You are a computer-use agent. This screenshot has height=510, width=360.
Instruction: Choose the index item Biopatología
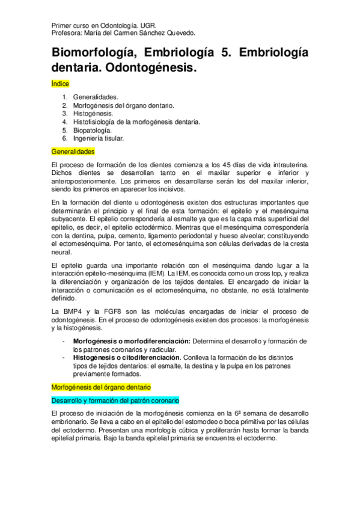92,130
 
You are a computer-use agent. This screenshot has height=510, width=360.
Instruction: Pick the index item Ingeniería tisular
99,138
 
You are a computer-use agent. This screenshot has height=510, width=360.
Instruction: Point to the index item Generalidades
96,96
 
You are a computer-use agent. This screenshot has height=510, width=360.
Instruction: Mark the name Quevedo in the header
180,34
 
